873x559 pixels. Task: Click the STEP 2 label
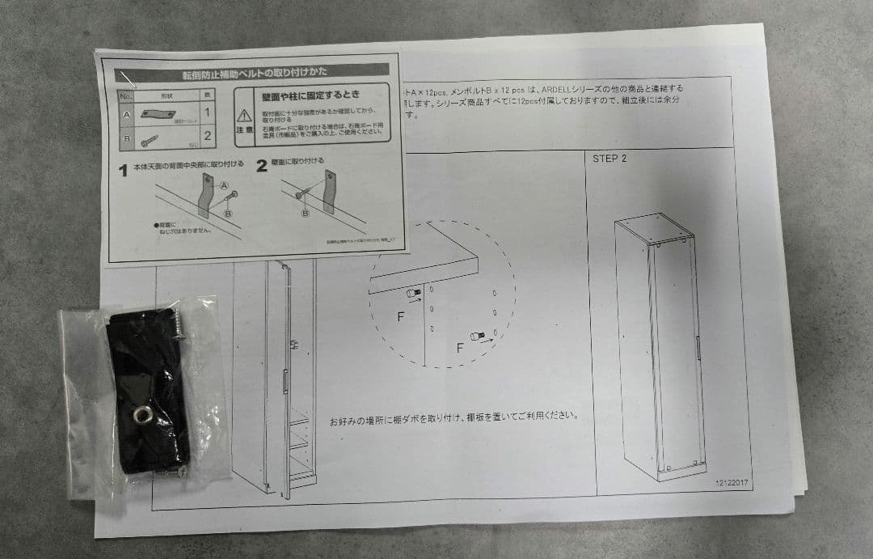609,159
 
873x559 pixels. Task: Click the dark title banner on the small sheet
255,73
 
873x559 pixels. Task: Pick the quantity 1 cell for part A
207,112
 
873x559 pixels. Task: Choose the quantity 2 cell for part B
208,135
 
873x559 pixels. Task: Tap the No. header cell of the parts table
125,95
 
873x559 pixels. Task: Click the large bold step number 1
124,171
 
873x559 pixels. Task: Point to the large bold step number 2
261,167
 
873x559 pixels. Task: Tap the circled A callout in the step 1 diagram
224,184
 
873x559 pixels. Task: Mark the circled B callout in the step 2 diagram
306,213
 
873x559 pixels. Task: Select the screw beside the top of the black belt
177,322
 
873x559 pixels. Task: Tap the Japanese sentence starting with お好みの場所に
453,417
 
